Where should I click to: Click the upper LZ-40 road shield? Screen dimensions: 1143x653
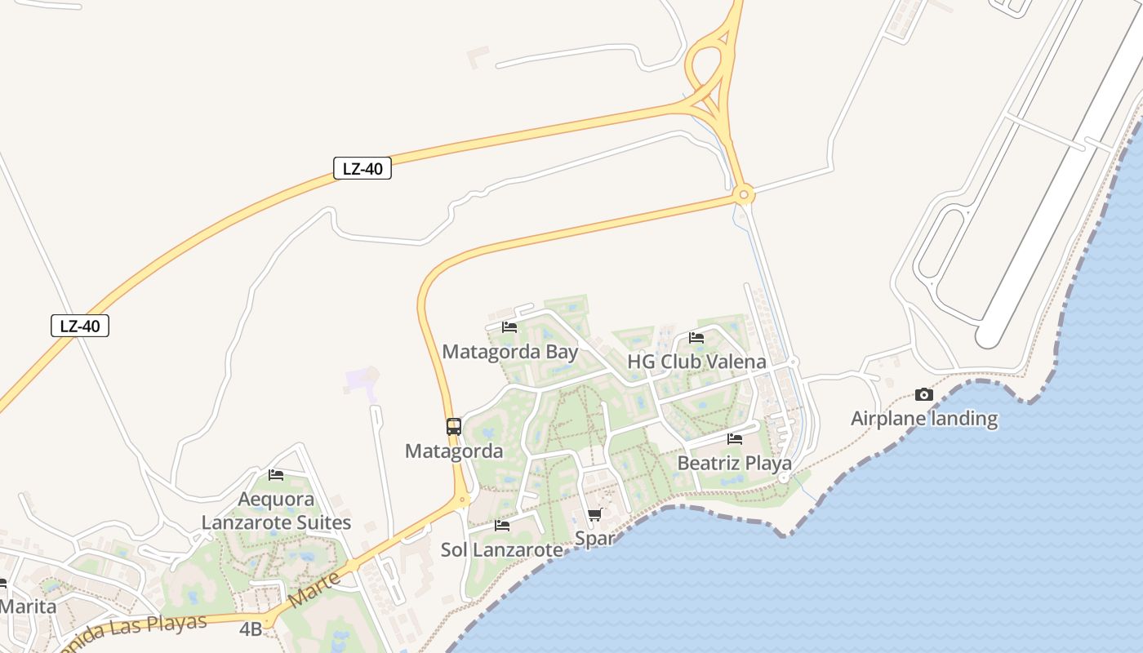tap(362, 169)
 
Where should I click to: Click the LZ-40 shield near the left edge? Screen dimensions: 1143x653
tap(80, 326)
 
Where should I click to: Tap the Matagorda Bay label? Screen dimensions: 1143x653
tap(509, 352)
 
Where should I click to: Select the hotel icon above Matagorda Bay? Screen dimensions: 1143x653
tap(509, 327)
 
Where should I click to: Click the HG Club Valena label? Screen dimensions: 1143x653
tap(696, 362)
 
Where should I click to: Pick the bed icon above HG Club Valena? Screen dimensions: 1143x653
tap(696, 337)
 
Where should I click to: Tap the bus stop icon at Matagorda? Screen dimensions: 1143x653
tap(454, 426)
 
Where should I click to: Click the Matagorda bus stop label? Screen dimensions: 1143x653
tap(454, 451)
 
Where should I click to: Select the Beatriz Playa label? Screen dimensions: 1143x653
tap(735, 464)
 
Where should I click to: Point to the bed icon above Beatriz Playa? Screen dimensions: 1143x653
tap(735, 439)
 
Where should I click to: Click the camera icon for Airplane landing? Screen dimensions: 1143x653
tap(924, 395)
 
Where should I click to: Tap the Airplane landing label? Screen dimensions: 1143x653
tap(924, 419)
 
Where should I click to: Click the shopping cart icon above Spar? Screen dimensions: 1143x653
tap(594, 515)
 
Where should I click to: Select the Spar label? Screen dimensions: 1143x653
tap(594, 539)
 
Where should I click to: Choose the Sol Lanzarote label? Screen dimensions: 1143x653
tap(502, 549)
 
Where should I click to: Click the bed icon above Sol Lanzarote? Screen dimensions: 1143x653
tap(502, 526)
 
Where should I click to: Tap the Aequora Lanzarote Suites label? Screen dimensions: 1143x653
tap(276, 511)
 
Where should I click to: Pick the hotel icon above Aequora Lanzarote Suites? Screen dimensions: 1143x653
tap(276, 474)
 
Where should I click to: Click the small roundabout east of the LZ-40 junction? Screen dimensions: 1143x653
tap(743, 195)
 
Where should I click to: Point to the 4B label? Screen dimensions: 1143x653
tap(251, 629)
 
